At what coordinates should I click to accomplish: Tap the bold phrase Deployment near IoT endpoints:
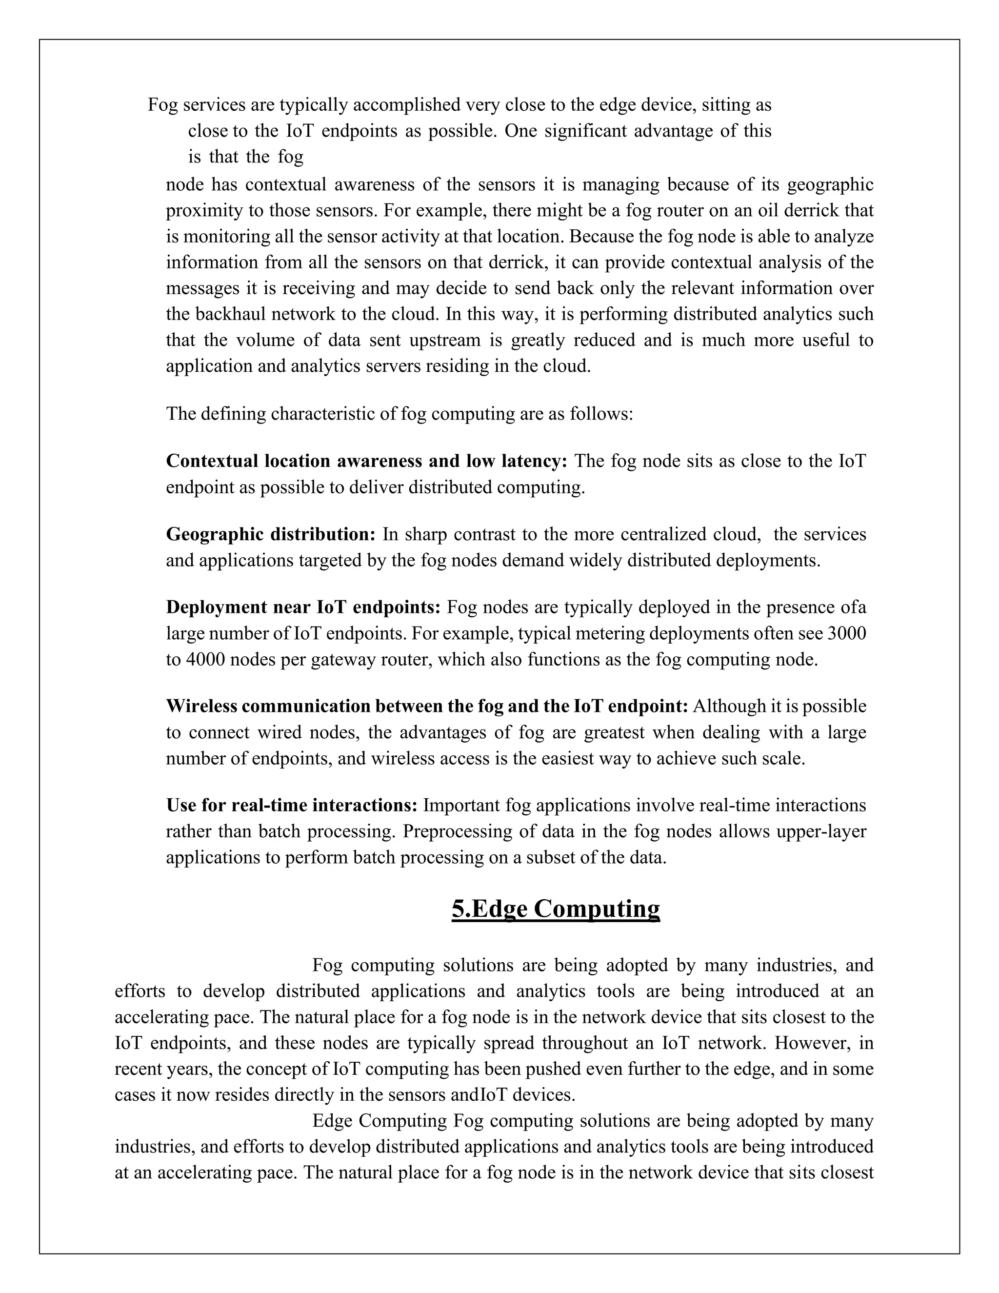(303, 607)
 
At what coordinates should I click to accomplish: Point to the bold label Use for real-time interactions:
(292, 805)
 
